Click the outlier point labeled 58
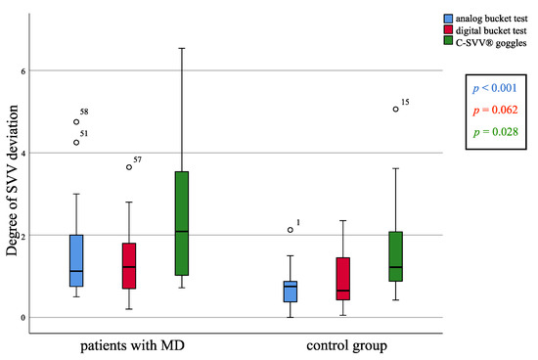pos(76,122)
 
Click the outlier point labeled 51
pos(76,142)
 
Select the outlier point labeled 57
pos(129,167)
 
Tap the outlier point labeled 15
pos(395,110)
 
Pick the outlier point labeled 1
pos(290,230)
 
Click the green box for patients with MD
pos(182,224)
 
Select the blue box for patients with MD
pos(76,260)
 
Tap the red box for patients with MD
pos(129,265)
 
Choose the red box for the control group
pos(342,279)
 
